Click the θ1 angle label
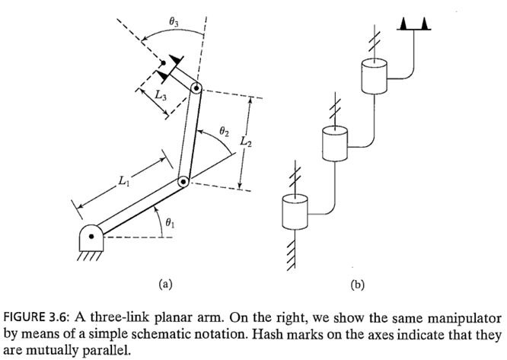170,223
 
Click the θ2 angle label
224,131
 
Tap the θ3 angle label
174,21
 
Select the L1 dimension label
123,181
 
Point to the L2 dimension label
246,142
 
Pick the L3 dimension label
161,95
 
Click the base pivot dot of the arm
91,237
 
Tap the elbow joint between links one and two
183,182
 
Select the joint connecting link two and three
196,88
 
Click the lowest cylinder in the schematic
295,212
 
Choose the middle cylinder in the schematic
335,144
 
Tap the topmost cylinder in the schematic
374,76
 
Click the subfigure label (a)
165,284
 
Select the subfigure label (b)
357,285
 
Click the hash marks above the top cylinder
375,41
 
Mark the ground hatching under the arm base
88,256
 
